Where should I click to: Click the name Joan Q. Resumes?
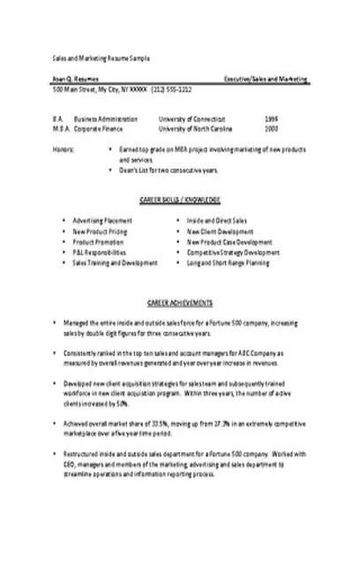(70, 79)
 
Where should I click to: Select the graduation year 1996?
(270, 117)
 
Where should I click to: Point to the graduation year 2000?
(270, 129)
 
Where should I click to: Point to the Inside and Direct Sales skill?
(217, 220)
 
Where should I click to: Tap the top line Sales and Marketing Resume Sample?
(101, 56)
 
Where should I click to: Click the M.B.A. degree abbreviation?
(59, 129)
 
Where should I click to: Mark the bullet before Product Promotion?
(64, 241)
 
